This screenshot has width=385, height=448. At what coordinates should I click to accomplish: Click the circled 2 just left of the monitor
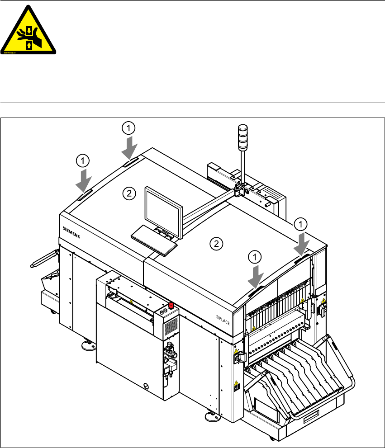point(129,194)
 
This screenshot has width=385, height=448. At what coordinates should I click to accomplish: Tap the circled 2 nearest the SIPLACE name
point(217,244)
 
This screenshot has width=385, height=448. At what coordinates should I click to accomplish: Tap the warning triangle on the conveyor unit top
point(131,302)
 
